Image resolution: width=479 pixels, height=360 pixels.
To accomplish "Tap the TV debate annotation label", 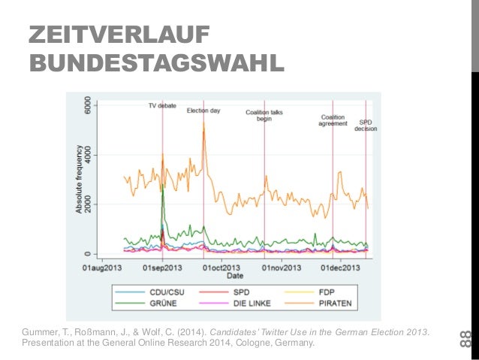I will tap(161, 106).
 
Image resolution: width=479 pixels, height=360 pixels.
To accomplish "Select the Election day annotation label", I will tap(203, 110).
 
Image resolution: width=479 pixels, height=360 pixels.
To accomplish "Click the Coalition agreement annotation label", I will tap(333, 120).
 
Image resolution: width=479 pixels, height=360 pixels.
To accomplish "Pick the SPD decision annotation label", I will tap(366, 125).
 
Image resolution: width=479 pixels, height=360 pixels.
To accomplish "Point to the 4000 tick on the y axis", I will tap(89, 155).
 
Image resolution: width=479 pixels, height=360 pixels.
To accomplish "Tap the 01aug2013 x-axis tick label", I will tap(102, 267).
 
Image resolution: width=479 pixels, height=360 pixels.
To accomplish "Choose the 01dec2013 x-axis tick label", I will tap(340, 267).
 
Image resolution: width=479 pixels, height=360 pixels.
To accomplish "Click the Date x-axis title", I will tap(235, 276).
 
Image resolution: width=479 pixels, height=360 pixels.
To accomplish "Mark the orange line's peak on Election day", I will tap(203, 124).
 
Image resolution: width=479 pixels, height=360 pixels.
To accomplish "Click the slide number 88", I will tap(465, 339).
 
